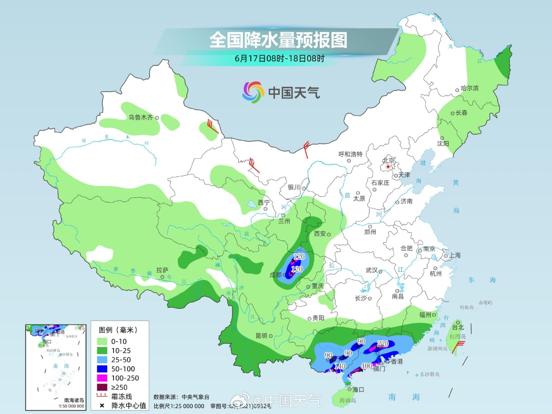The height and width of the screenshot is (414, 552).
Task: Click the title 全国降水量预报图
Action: pos(278,40)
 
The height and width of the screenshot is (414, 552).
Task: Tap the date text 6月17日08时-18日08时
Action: pos(279,58)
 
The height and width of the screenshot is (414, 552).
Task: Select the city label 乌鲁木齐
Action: pos(141,118)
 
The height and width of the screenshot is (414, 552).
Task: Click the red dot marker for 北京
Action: pos(389,167)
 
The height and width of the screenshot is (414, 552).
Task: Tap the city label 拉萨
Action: pos(162,270)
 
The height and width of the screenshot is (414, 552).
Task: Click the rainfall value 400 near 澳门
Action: pos(366,366)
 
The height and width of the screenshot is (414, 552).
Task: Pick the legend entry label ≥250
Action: pos(120,387)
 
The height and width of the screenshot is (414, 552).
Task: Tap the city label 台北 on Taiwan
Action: pos(457,327)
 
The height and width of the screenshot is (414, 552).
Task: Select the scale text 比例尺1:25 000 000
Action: pos(179,406)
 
